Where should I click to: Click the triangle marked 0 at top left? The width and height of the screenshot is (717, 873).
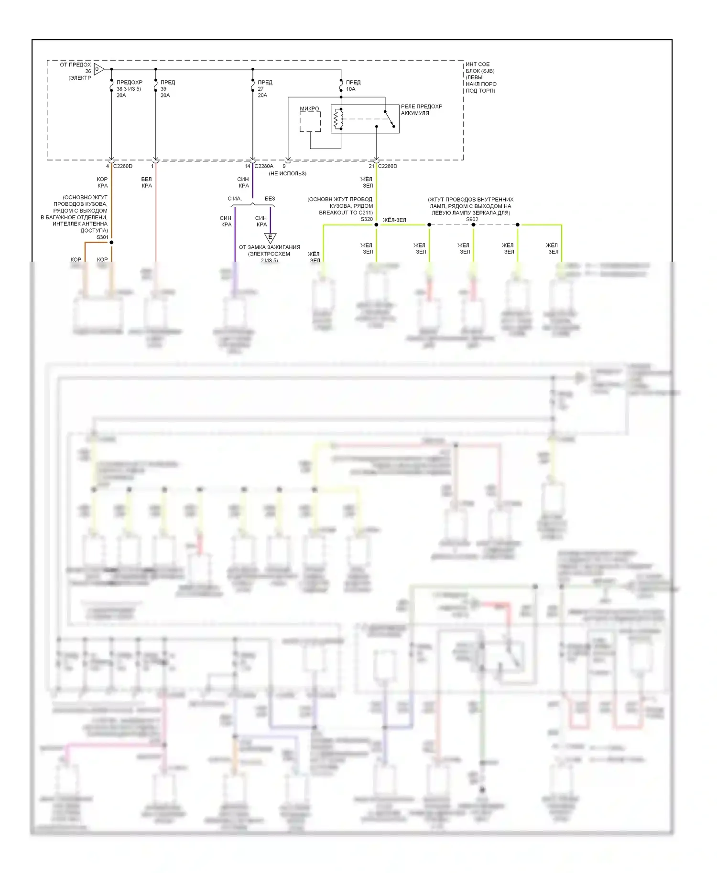click(x=98, y=69)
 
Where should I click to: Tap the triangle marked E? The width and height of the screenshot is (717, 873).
click(x=270, y=237)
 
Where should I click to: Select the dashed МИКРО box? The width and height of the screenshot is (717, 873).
click(x=310, y=122)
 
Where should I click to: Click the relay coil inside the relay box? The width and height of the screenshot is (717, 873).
click(x=338, y=119)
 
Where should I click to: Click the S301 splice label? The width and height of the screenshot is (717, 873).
click(x=102, y=237)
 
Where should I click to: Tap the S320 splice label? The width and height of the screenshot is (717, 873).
click(x=367, y=219)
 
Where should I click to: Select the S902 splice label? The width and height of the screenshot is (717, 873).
click(x=472, y=219)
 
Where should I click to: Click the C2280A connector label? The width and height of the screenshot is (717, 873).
click(x=264, y=166)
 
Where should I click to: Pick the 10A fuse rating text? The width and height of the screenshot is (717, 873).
click(x=351, y=89)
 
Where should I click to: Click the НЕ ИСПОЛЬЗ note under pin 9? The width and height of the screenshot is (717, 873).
click(x=287, y=173)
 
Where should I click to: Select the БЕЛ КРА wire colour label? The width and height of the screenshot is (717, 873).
click(x=147, y=182)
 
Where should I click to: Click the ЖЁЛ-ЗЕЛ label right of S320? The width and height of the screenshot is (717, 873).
click(x=394, y=220)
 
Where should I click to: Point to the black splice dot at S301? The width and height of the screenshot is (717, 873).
click(x=111, y=242)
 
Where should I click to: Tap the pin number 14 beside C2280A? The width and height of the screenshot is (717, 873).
click(x=248, y=166)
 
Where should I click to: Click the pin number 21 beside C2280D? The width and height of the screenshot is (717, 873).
click(x=371, y=166)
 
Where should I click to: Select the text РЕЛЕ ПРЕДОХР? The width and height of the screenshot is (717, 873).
click(x=422, y=106)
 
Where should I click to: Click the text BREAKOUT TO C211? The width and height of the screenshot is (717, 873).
click(x=346, y=213)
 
